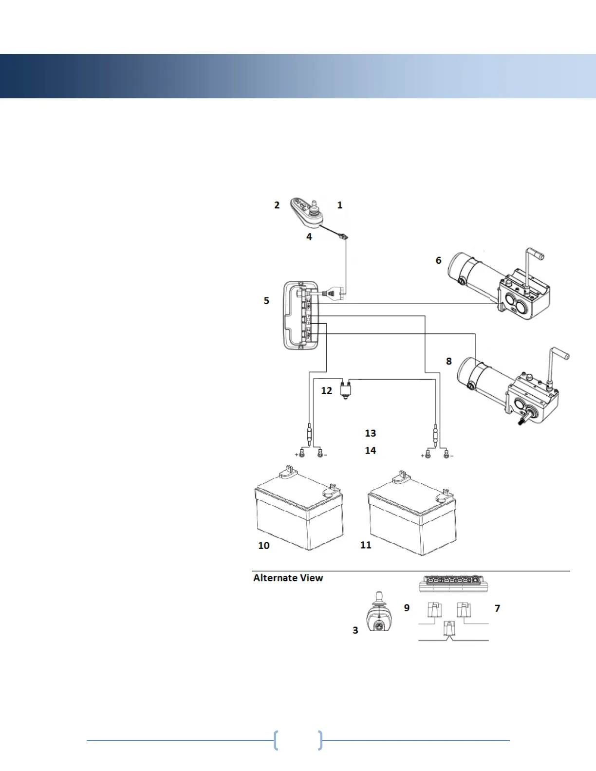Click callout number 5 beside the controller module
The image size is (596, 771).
pyautogui.click(x=266, y=301)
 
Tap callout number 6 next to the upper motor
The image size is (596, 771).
pyautogui.click(x=438, y=260)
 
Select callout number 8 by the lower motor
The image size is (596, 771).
pyautogui.click(x=448, y=361)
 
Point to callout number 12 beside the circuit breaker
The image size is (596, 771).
pyautogui.click(x=326, y=390)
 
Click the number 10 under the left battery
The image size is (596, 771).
pyautogui.click(x=263, y=546)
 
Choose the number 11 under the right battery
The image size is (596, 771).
pyautogui.click(x=366, y=545)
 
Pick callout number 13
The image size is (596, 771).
pyautogui.click(x=371, y=433)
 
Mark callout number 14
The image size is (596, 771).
pyautogui.click(x=371, y=451)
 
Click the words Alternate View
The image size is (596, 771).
pyautogui.click(x=288, y=578)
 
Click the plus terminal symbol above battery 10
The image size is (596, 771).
pyautogui.click(x=297, y=455)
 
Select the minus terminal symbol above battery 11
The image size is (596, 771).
pyautogui.click(x=451, y=456)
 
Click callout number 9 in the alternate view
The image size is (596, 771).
pyautogui.click(x=407, y=608)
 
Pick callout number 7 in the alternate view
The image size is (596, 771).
pyautogui.click(x=497, y=608)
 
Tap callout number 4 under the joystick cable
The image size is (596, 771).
pyautogui.click(x=309, y=237)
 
